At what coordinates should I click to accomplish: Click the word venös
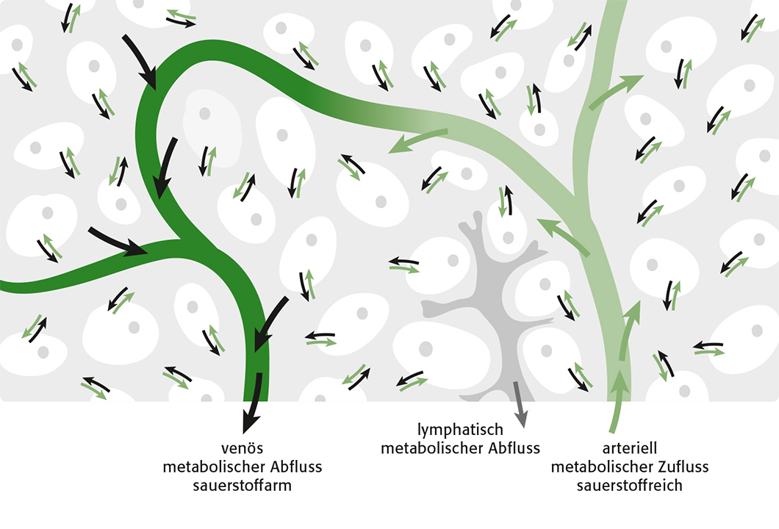click(x=242, y=448)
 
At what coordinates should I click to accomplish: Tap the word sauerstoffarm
click(x=242, y=486)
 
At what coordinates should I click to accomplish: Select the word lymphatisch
click(x=460, y=430)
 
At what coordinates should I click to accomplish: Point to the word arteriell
click(x=630, y=448)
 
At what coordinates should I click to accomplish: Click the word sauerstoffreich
click(x=630, y=486)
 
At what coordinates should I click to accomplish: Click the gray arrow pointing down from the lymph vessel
click(x=520, y=404)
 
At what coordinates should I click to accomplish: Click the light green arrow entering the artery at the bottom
click(x=617, y=402)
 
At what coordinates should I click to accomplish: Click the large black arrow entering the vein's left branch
click(x=118, y=242)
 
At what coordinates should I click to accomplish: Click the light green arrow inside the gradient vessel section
click(x=417, y=141)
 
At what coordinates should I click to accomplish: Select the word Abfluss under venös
click(x=297, y=467)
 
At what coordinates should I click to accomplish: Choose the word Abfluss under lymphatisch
click(x=514, y=448)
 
